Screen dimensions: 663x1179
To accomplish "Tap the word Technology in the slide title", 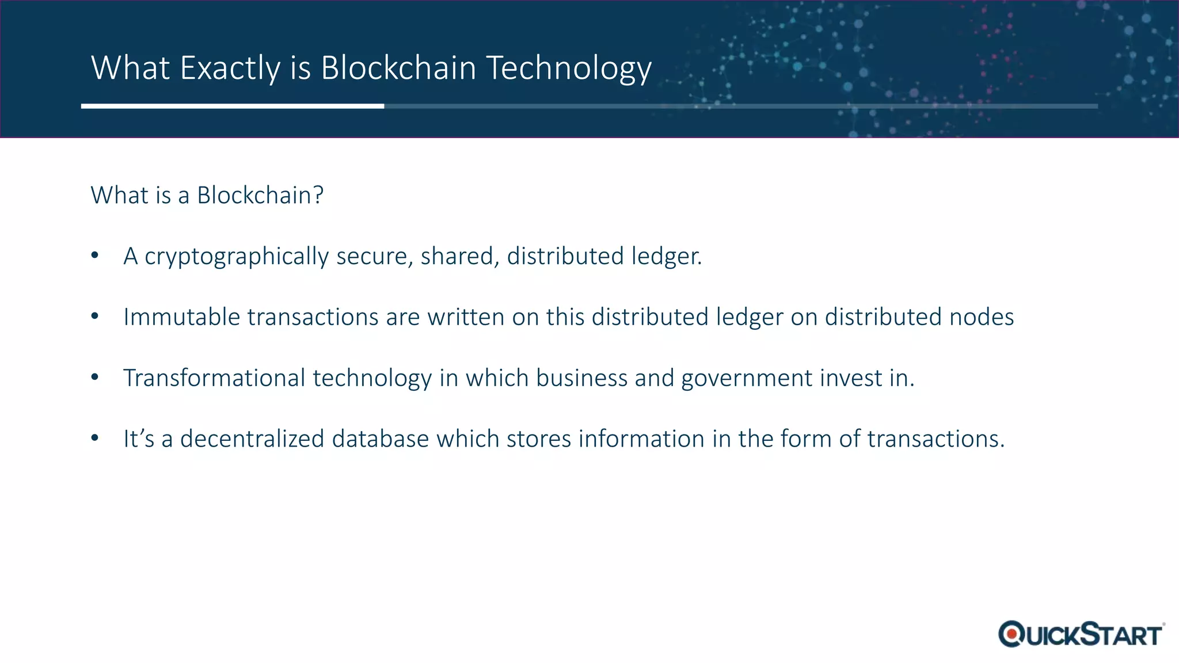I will pos(569,68).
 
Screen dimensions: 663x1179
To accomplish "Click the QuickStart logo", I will pos(1081,634).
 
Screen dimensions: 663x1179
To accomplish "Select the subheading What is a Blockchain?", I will pos(207,196).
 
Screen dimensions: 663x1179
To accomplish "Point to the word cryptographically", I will pos(236,257).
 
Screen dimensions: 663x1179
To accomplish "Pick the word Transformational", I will pos(214,378).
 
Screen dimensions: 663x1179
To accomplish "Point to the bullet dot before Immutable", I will pos(95,316).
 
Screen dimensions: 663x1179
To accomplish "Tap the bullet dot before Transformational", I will pos(95,377).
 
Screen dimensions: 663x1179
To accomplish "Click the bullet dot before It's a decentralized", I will pos(95,438).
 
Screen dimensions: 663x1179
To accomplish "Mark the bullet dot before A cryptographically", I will pos(95,255).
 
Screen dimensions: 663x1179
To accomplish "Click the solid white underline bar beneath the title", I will pos(233,106).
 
